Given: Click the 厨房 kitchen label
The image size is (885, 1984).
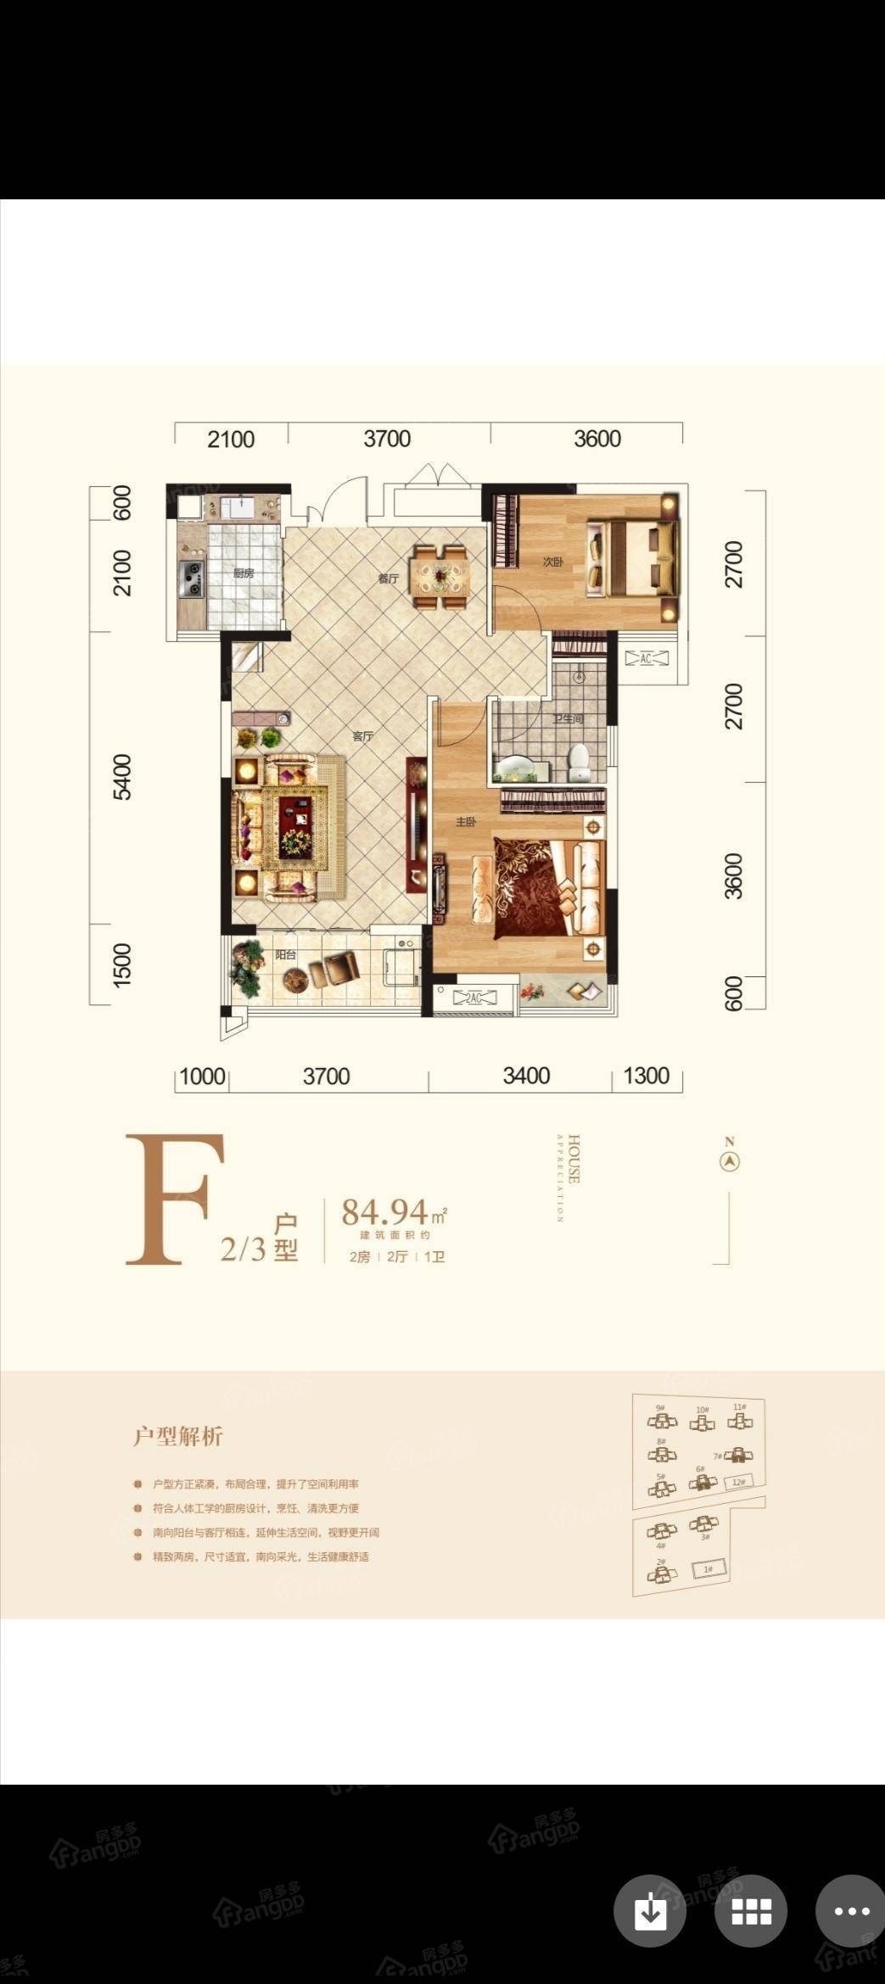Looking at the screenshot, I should pyautogui.click(x=244, y=573).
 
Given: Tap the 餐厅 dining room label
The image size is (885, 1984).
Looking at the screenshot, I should pyautogui.click(x=388, y=579).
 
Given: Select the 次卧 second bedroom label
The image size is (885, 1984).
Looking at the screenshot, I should pyautogui.click(x=553, y=562).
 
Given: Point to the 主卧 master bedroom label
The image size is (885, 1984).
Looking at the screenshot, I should pyautogui.click(x=466, y=822).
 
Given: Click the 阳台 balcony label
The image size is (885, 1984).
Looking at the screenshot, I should pyautogui.click(x=286, y=954).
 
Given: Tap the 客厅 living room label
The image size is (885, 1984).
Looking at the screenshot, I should pyautogui.click(x=363, y=735).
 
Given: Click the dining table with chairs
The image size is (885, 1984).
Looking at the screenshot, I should pyautogui.click(x=440, y=577).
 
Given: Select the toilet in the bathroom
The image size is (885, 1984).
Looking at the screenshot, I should pyautogui.click(x=580, y=761).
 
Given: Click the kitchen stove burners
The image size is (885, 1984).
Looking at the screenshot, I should pyautogui.click(x=192, y=578).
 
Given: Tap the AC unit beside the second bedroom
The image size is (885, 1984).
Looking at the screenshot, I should pyautogui.click(x=646, y=658).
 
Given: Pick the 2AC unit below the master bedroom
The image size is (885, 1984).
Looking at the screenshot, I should pyautogui.click(x=474, y=998).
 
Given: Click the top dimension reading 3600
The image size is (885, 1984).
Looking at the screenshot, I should pyautogui.click(x=597, y=439).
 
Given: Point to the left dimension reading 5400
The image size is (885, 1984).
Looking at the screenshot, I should pyautogui.click(x=123, y=776).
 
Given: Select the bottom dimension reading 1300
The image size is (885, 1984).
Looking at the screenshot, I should pyautogui.click(x=647, y=1076).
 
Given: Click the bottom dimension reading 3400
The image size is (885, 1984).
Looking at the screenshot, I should pyautogui.click(x=526, y=1076).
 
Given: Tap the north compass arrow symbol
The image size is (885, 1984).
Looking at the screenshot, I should pyautogui.click(x=730, y=1161).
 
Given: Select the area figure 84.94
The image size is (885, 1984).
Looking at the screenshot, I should pyautogui.click(x=384, y=1213).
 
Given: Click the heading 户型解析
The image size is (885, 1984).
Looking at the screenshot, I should pyautogui.click(x=178, y=1436).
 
